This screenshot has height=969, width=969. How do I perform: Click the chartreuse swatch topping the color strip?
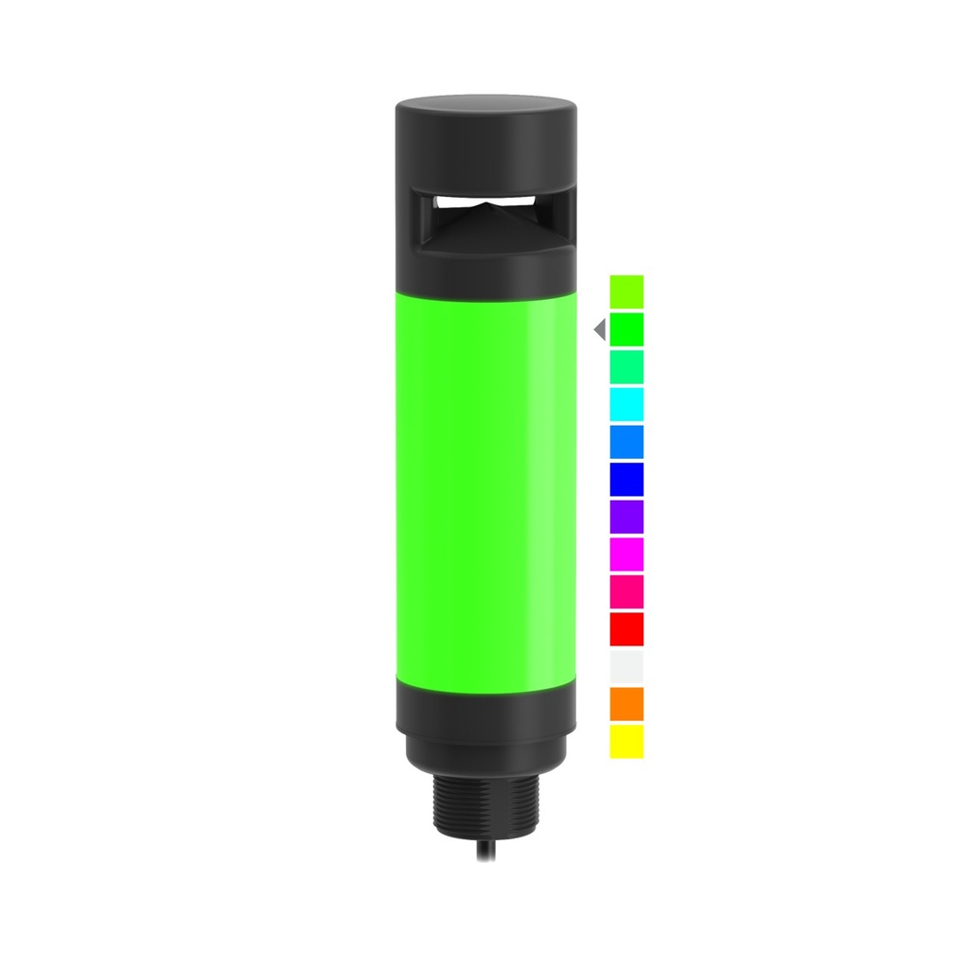(x=626, y=291)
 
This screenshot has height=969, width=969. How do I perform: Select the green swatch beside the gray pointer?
(x=626, y=328)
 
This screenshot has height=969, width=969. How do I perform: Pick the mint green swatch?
(x=626, y=366)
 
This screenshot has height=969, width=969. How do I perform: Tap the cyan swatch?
(x=626, y=403)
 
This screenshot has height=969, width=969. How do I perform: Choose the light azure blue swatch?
(x=626, y=441)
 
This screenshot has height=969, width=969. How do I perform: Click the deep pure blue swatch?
(x=626, y=478)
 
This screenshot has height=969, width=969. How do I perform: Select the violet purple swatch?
(x=626, y=516)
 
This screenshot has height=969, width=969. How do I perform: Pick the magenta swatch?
(x=626, y=554)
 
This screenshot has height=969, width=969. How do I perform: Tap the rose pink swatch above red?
(x=626, y=590)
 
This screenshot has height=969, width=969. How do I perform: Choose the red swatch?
(x=626, y=628)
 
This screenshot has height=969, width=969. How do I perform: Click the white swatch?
(x=626, y=665)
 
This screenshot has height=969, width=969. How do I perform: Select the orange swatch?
(x=626, y=703)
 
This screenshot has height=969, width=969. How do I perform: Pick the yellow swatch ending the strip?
(x=626, y=741)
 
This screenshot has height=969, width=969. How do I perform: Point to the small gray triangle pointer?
(x=599, y=329)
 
